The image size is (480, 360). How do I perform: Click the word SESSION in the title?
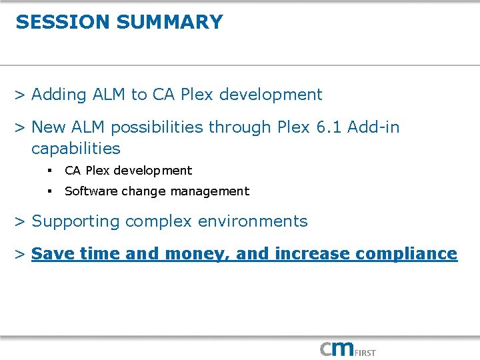click(x=63, y=22)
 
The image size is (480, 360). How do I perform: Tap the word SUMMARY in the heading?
click(x=169, y=22)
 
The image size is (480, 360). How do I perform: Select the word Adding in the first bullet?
click(x=59, y=95)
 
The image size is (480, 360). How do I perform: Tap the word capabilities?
click(x=75, y=148)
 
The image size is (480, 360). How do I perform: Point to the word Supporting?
click(x=75, y=221)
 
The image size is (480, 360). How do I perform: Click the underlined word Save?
click(x=52, y=254)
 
